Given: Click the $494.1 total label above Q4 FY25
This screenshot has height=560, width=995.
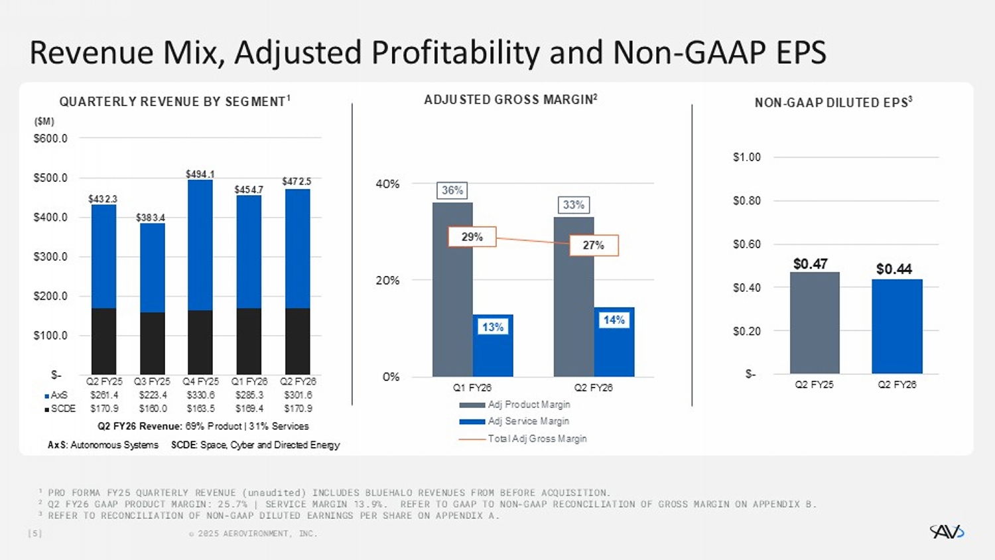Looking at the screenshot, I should click(x=200, y=175).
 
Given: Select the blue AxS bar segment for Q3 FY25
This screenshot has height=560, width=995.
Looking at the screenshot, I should click(x=152, y=267).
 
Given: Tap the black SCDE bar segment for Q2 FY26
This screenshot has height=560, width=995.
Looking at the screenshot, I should click(x=297, y=341).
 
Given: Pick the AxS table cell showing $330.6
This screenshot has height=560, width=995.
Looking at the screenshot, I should click(x=200, y=395).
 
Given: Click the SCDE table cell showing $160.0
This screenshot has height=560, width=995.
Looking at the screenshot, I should click(x=153, y=409).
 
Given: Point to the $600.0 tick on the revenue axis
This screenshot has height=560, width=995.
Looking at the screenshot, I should click(x=50, y=139).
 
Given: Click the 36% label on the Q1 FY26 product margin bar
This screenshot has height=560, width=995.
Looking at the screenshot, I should click(x=452, y=190).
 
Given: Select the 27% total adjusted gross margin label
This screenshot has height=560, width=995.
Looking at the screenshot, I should click(x=594, y=245).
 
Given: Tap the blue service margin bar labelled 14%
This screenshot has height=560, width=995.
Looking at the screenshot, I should click(x=614, y=342).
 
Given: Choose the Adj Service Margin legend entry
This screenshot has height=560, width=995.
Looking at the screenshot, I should click(x=528, y=421).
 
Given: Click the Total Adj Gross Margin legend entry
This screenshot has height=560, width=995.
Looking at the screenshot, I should click(x=537, y=439).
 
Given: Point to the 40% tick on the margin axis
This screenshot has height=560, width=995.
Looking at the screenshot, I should click(x=388, y=184).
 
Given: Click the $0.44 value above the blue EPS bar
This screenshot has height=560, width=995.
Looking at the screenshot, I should click(x=894, y=269).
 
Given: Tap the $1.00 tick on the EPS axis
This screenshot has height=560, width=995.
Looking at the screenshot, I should click(x=746, y=157).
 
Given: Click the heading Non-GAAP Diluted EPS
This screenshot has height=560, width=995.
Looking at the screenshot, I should click(x=833, y=103).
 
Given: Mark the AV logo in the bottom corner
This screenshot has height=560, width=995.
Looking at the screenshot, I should click(x=947, y=531).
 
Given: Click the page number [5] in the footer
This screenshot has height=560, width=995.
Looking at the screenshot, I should click(x=34, y=533).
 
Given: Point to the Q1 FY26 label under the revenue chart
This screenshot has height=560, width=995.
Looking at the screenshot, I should click(x=249, y=382).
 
